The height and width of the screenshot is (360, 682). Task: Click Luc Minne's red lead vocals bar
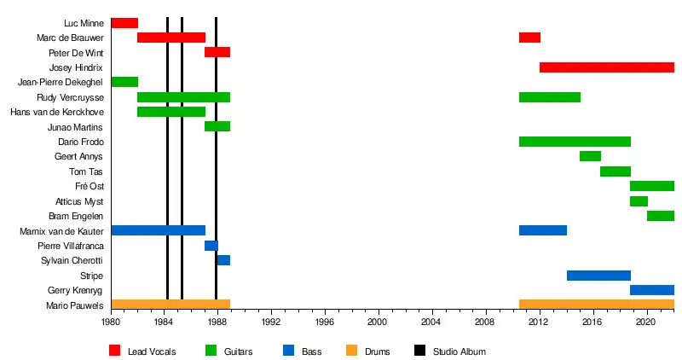point(124,23)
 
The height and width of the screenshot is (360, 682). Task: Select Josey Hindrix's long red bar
point(607,67)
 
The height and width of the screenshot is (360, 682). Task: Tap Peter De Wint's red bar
point(217,53)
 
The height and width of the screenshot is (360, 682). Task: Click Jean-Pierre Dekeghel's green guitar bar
point(124,82)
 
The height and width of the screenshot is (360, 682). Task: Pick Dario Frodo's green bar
point(575,142)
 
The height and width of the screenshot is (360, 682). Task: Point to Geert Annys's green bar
point(590,156)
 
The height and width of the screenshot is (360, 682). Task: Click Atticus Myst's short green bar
point(639,201)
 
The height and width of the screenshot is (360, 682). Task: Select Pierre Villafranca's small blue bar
point(211,246)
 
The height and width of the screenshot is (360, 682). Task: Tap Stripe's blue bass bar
point(599,276)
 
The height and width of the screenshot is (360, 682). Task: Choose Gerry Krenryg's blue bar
point(652,290)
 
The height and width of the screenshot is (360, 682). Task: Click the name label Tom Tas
point(86,171)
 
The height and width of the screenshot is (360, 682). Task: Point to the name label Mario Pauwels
point(75,305)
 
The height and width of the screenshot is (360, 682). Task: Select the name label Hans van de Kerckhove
point(57,113)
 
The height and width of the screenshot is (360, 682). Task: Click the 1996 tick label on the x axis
point(325,322)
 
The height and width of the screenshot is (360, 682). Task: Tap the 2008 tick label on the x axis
point(486,322)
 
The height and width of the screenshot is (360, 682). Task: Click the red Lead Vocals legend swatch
point(115,351)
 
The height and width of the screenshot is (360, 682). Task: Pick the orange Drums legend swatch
point(351,351)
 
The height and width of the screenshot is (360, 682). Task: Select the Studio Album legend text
point(459,351)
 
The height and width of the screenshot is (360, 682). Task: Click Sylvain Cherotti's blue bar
point(223,260)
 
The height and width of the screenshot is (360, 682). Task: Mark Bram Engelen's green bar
point(661,216)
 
